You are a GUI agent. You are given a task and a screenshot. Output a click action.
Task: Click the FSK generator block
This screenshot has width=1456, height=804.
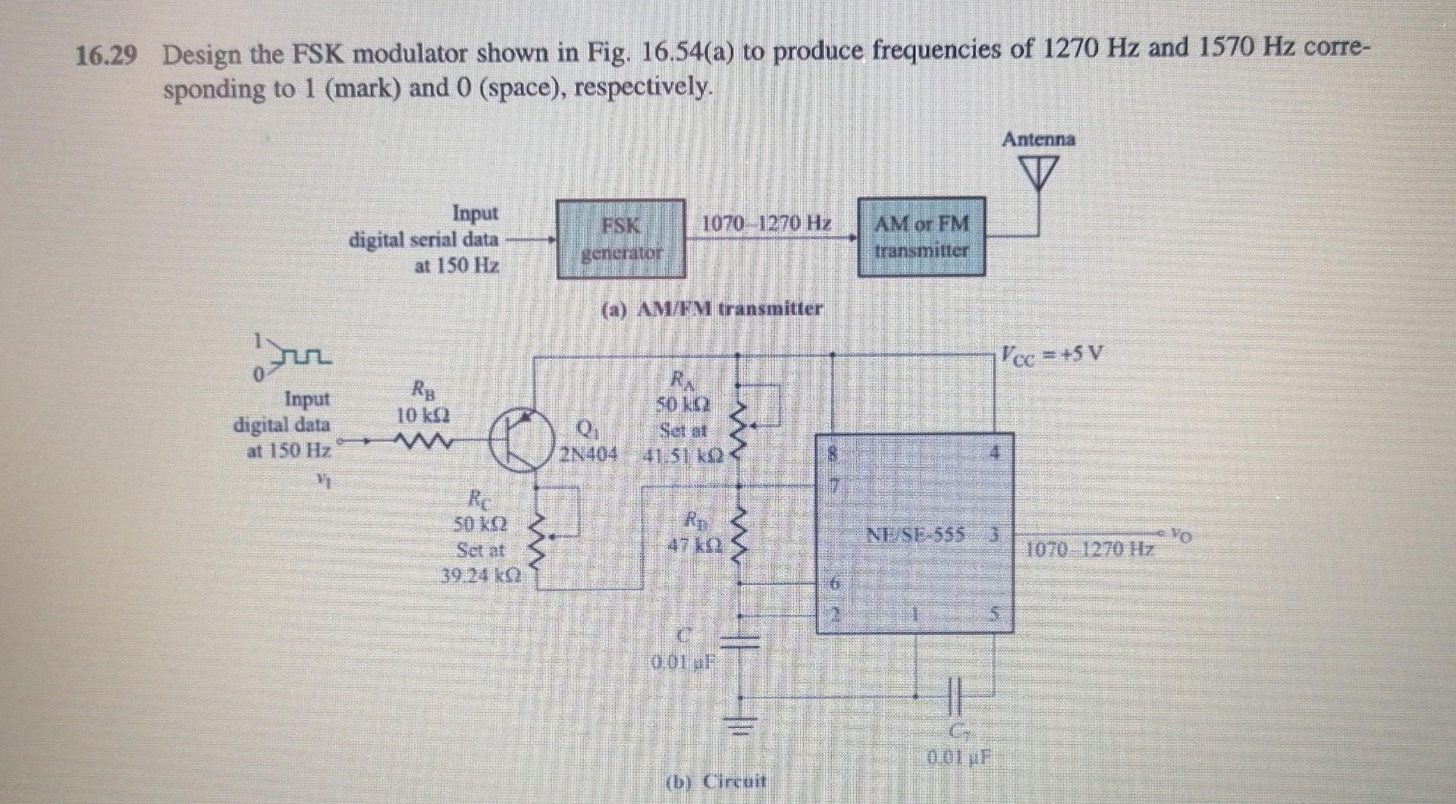621,238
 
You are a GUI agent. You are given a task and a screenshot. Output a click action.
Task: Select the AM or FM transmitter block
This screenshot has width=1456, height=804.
921,236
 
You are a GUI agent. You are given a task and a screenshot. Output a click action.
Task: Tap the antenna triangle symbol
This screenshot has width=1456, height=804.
1037,174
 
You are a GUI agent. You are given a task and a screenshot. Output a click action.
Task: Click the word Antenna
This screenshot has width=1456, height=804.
1038,140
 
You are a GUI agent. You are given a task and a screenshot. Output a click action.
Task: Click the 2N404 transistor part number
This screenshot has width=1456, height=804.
588,455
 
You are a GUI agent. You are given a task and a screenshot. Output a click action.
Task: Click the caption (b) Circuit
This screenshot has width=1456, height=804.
717,780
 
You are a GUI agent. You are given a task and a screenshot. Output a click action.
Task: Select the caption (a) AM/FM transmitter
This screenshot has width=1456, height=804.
711,309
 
